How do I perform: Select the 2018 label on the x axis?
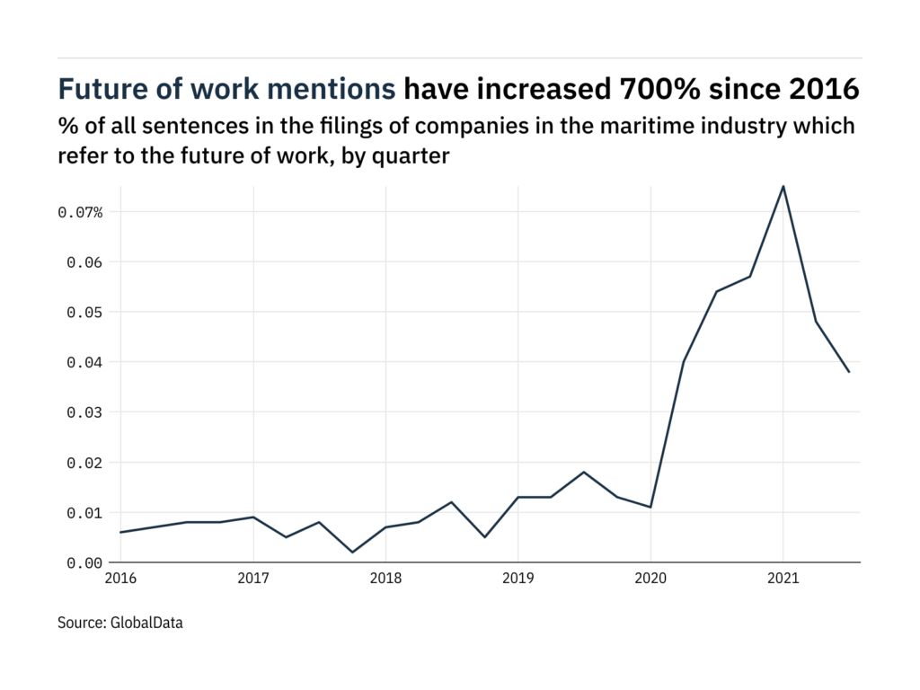[385, 578]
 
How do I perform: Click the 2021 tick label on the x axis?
[783, 578]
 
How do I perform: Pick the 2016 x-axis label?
[120, 578]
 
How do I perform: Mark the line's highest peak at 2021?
[783, 186]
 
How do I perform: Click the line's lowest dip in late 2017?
[352, 553]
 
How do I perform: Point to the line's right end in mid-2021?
[849, 372]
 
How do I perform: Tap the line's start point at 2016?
[120, 532]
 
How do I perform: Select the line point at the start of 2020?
[650, 508]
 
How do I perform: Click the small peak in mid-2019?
[584, 472]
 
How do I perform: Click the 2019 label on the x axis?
[517, 578]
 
